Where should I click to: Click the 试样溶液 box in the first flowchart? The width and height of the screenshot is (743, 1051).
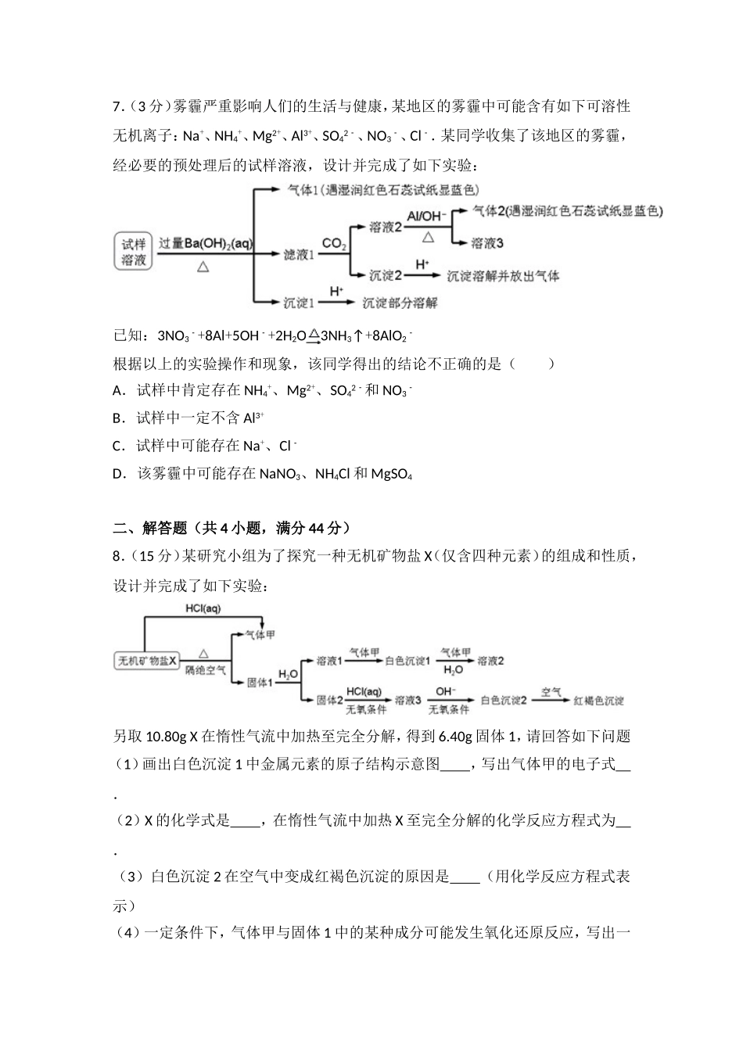tap(134, 251)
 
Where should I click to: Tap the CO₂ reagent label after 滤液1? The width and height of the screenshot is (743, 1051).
tap(334, 245)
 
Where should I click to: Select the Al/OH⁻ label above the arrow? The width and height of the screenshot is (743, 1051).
tap(426, 216)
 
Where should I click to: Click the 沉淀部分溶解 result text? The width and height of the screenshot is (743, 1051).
tap(400, 303)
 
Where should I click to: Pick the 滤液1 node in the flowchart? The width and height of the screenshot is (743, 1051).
tap(298, 254)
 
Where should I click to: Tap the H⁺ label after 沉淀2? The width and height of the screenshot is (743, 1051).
tap(422, 265)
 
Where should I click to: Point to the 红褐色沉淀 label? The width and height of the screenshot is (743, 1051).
tap(598, 701)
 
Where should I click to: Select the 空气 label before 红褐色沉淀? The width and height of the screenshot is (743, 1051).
tap(551, 692)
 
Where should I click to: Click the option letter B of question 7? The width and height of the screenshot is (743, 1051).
tap(118, 418)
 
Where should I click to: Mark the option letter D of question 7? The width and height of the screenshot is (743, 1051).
tap(119, 474)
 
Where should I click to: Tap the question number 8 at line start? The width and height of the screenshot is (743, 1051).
tap(117, 557)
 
